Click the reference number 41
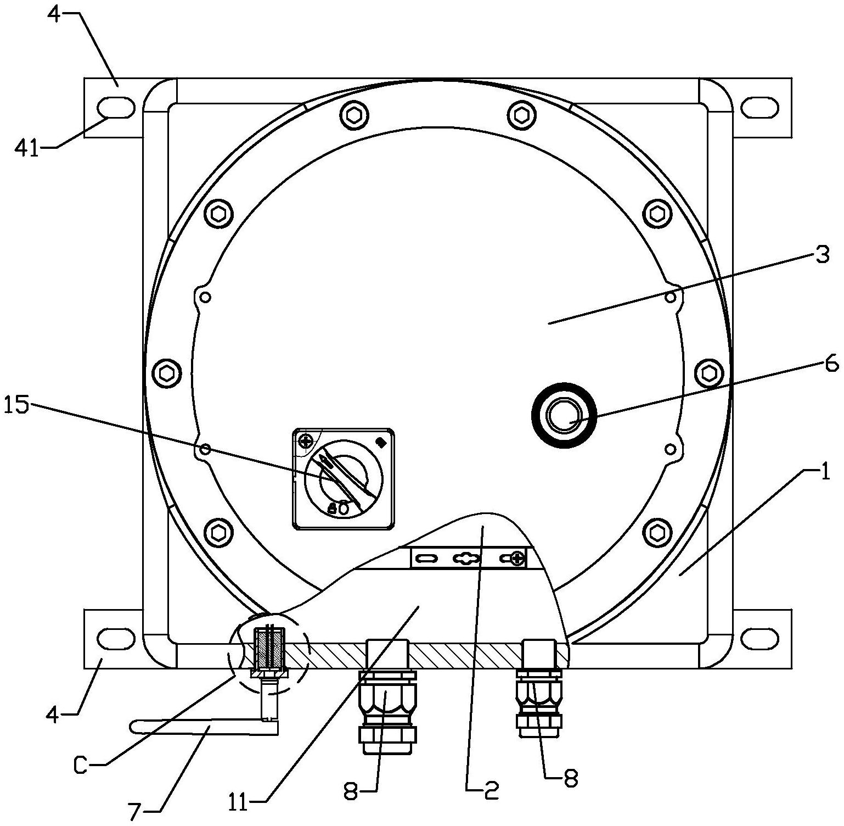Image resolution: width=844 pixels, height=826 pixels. [27, 149]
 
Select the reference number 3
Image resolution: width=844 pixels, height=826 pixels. [821, 255]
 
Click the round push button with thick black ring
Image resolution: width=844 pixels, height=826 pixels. [564, 415]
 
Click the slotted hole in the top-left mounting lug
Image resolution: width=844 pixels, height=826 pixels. [116, 108]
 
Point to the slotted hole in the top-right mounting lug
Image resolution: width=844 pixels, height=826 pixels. [760, 107]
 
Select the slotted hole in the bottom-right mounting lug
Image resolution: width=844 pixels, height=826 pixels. [760, 638]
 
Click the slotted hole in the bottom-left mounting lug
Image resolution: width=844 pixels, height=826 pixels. [116, 638]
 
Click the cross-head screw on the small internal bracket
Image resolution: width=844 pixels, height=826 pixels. [516, 559]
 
